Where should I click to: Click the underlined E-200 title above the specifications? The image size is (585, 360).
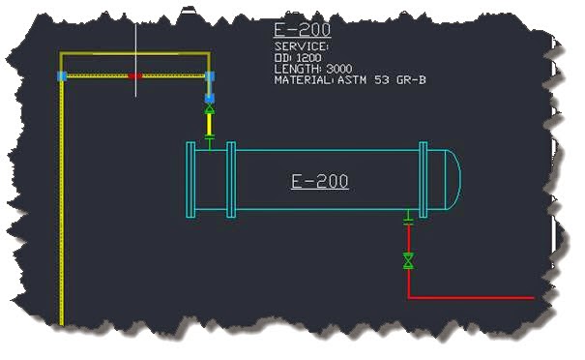point(303,30)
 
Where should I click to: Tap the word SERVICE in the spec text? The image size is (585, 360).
point(301,46)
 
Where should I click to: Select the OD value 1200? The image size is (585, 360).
point(308,58)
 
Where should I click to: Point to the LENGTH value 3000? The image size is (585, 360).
point(339,69)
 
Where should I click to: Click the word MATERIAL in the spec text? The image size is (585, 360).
point(304,80)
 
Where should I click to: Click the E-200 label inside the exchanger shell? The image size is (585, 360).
point(319,182)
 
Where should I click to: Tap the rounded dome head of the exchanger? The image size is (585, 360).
point(453,179)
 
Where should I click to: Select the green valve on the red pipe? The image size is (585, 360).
point(408,260)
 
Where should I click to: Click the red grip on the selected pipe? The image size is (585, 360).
point(135,75)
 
